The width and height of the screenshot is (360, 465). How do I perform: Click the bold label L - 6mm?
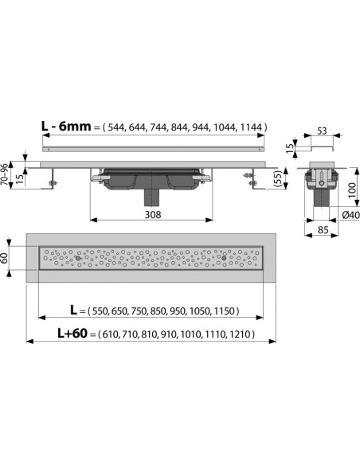click(x=66, y=127)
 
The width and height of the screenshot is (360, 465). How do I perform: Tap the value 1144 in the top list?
click(x=251, y=127)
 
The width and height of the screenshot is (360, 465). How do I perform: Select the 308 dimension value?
click(x=153, y=214)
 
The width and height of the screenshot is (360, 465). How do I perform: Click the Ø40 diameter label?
click(x=350, y=215)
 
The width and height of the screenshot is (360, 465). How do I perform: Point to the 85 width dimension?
click(x=323, y=229)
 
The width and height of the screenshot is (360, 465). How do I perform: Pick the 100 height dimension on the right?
click(x=352, y=190)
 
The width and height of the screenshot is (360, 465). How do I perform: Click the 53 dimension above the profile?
click(x=322, y=131)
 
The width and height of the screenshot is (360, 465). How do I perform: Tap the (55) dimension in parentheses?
click(x=276, y=178)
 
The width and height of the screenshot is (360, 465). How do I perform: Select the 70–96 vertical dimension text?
click(x=5, y=174)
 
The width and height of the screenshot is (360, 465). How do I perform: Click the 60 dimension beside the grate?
click(x=5, y=258)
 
